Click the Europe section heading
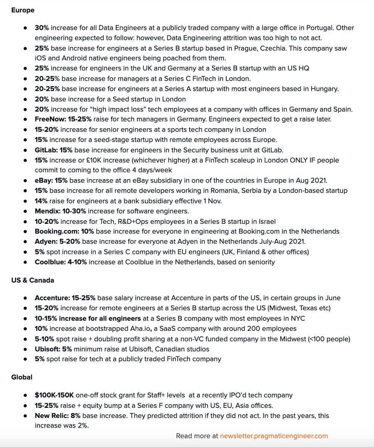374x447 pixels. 23,10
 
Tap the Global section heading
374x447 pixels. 22,377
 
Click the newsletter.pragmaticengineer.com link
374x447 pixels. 274,435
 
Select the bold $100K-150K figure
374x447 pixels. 54,395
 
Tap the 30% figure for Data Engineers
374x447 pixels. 42,28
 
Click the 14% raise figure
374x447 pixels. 41,201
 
